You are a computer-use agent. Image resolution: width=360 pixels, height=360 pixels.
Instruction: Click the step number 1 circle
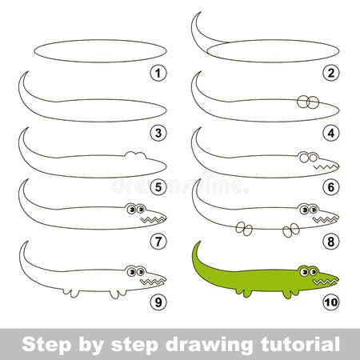(x=159, y=73)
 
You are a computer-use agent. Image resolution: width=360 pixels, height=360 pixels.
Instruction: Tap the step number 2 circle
(x=330, y=73)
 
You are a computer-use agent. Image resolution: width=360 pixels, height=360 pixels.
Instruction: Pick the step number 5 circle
(x=159, y=189)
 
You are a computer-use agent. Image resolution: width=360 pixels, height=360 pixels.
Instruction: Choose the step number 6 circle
(x=330, y=189)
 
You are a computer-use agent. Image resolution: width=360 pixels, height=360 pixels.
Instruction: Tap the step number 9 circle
(x=159, y=302)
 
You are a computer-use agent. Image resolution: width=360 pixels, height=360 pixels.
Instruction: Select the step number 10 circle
(x=330, y=302)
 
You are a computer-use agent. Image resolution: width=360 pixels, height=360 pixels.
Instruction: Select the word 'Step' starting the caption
(x=42, y=345)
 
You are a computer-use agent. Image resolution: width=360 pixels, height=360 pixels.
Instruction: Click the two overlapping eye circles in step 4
(x=308, y=102)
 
